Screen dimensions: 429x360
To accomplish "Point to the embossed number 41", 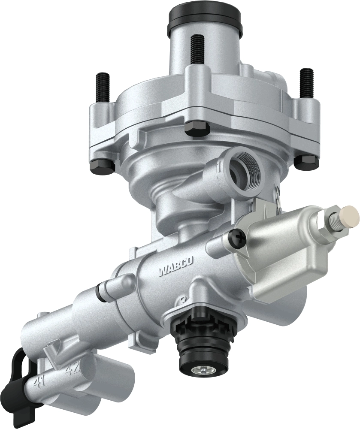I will (x=40, y=381).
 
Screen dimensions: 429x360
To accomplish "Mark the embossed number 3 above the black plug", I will (x=184, y=300).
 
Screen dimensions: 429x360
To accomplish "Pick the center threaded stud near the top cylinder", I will (x=197, y=49).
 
